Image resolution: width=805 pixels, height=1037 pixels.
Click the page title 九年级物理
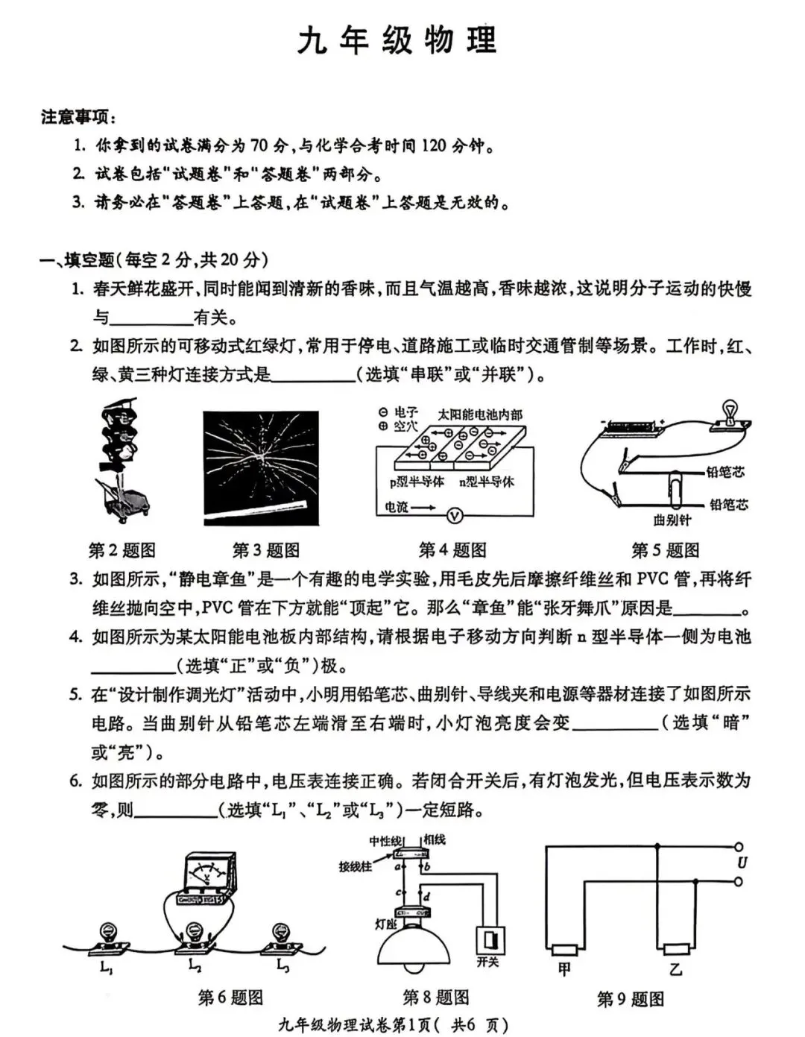(x=397, y=40)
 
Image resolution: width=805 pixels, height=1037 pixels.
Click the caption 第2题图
(x=122, y=550)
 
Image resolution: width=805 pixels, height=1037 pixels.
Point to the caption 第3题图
(x=266, y=550)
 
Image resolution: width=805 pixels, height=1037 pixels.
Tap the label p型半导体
(x=417, y=482)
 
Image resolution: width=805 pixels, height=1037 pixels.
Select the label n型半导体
(x=486, y=482)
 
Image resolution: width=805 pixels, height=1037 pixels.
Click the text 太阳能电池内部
(x=480, y=414)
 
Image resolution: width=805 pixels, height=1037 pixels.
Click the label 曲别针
(x=672, y=520)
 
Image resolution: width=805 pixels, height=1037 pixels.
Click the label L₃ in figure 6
(x=282, y=966)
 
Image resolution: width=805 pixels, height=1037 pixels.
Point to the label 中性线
(x=385, y=841)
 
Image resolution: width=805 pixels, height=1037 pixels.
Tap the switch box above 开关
(x=490, y=939)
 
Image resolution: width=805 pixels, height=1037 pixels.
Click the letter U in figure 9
(x=742, y=863)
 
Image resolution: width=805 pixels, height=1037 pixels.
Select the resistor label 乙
(x=675, y=969)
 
